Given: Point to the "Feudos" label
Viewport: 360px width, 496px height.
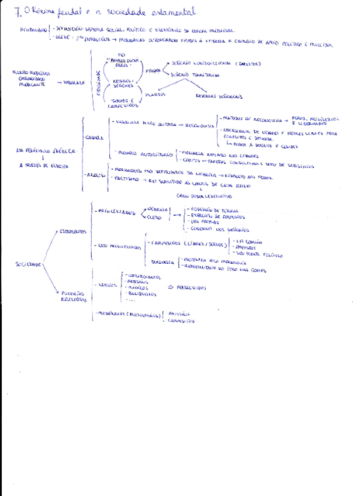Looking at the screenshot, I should click(x=153, y=71).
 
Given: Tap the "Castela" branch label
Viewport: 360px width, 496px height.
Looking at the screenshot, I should click(x=95, y=138).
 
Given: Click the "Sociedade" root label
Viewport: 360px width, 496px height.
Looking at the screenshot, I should click(x=28, y=264).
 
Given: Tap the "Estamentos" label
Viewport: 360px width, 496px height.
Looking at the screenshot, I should click(x=73, y=232).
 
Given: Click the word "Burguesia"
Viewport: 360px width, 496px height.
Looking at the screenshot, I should click(x=162, y=262).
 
